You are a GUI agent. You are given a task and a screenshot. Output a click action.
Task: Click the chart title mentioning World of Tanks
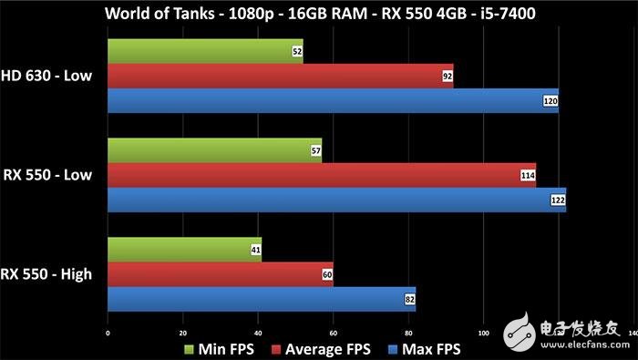pos(318,14)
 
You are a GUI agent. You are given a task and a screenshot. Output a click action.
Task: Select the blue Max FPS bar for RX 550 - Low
pos(336,200)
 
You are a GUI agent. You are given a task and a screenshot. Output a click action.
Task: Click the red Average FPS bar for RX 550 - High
pos(220,273)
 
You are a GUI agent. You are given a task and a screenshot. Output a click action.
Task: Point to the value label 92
pos(448,77)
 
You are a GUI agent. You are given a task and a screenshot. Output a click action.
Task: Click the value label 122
pos(558,200)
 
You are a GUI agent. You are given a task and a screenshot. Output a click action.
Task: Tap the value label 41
pos(256,249)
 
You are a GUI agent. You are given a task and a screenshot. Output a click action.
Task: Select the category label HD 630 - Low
pos(47,77)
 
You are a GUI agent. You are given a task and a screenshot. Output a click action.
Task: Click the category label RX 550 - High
pos(46,273)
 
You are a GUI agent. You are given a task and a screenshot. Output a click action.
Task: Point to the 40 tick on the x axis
pos(259,332)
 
